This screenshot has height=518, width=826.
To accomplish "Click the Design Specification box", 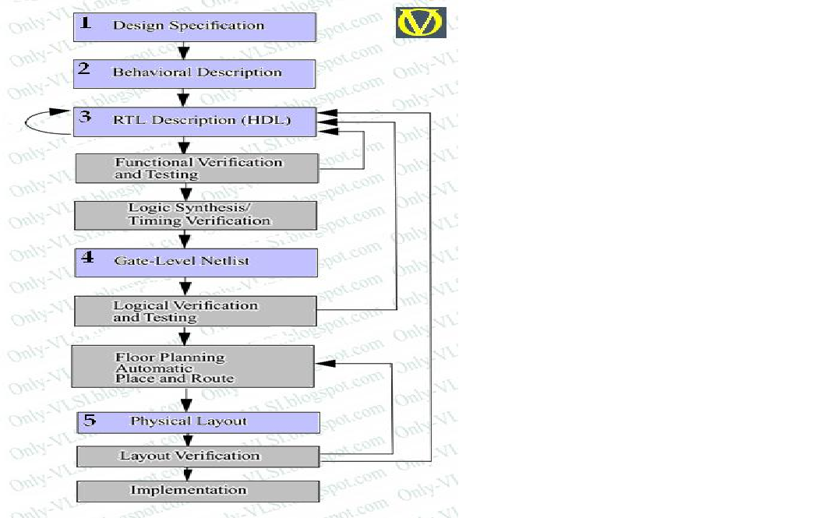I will [x=195, y=26].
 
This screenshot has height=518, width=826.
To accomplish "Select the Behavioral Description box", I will [x=195, y=72].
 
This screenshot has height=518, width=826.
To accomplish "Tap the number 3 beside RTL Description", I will [x=86, y=118].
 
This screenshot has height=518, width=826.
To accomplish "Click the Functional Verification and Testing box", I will [x=196, y=168].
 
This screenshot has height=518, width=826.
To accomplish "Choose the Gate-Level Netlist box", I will [x=196, y=262].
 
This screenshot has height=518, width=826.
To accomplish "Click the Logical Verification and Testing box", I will [x=195, y=311].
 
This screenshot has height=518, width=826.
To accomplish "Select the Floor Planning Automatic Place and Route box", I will [x=193, y=367].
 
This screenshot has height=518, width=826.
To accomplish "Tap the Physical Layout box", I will [x=198, y=421].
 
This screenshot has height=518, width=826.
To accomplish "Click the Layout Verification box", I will [x=198, y=456].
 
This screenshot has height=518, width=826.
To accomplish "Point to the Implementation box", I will [x=198, y=490].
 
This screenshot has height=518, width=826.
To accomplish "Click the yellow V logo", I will [x=421, y=22].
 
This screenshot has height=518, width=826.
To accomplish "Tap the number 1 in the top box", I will [x=86, y=23].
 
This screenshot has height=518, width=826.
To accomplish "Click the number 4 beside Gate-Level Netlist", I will [x=87, y=258].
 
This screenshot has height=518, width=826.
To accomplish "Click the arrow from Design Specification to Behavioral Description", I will [x=184, y=51].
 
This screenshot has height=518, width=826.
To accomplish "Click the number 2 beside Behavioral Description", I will [x=84, y=69].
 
